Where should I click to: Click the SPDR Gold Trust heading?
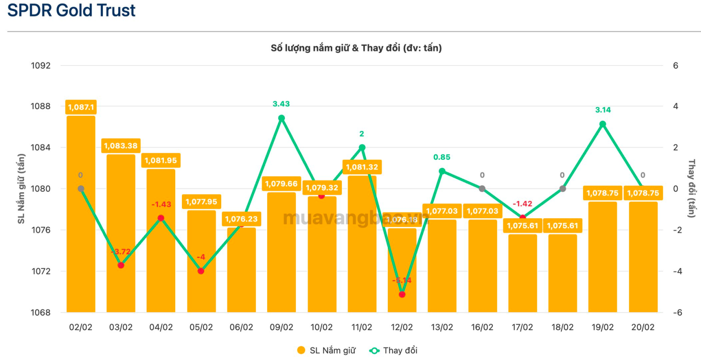[x=71, y=10]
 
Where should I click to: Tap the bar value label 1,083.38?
[x=121, y=146]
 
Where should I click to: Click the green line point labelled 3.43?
[x=281, y=118]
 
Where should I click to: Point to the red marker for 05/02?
[x=201, y=271]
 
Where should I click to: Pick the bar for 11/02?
[x=362, y=245]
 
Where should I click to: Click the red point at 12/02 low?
[x=402, y=294]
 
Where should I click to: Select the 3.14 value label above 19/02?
[x=603, y=110]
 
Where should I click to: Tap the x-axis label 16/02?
[x=482, y=327]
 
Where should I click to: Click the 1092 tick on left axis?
[x=40, y=66]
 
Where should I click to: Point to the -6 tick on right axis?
[x=677, y=312]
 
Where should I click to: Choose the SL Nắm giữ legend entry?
[x=326, y=350]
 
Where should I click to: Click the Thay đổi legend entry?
[x=393, y=350]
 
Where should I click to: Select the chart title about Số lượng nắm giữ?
[x=356, y=48]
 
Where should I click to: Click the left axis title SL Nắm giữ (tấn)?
[x=21, y=188]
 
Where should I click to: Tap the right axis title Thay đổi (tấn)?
[x=691, y=188]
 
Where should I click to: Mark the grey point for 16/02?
[x=482, y=189]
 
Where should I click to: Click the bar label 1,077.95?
[x=201, y=202]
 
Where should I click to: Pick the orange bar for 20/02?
[x=643, y=258]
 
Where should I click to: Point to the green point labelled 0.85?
[x=442, y=171]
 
